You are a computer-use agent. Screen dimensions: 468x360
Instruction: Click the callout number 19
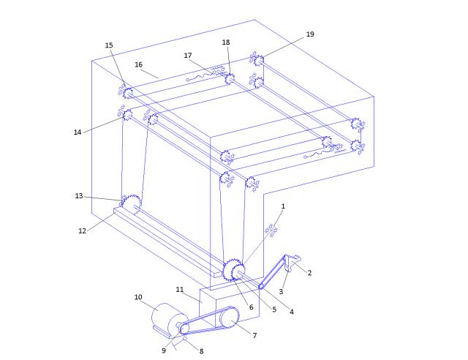(310, 34)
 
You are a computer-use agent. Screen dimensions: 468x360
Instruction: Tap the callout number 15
(109, 45)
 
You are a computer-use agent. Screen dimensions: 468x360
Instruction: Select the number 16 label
(138, 64)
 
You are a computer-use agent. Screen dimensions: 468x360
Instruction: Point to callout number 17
(188, 56)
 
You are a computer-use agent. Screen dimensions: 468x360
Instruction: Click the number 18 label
(226, 42)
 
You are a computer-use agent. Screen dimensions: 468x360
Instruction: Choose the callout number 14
(78, 132)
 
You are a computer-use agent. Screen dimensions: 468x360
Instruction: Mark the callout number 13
(79, 196)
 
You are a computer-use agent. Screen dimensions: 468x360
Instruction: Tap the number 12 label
(82, 231)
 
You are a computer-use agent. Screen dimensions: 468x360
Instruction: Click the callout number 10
(138, 297)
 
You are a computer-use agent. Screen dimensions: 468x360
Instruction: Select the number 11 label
(179, 290)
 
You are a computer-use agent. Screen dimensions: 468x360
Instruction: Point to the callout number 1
(283, 206)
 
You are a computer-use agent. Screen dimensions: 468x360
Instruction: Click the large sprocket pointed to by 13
(132, 204)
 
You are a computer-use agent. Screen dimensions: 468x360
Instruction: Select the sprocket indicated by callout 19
(258, 61)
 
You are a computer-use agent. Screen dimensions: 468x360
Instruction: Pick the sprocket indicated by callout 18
(230, 79)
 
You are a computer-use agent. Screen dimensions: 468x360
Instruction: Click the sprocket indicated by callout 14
(128, 115)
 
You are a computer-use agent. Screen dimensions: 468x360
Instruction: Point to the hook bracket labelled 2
(291, 262)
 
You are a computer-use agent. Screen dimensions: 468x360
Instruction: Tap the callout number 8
(202, 351)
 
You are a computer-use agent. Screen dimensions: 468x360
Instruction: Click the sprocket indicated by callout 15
(129, 93)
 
